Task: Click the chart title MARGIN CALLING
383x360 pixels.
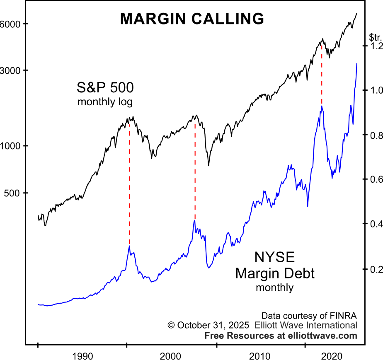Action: (192, 19)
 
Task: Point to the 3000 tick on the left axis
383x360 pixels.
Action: (9, 70)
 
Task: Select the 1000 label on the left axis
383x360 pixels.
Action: (9, 146)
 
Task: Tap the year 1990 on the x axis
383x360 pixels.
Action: (82, 355)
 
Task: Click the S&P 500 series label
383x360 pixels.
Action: (105, 88)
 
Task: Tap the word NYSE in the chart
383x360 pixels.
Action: (274, 258)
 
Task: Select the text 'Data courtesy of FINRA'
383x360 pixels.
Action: (309, 314)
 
